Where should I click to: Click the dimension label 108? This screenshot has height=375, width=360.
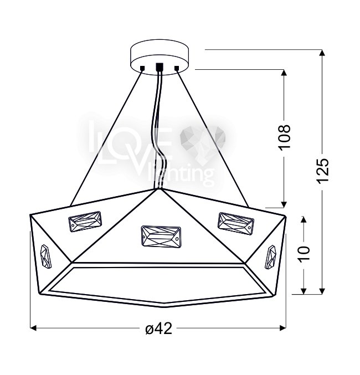(285, 137)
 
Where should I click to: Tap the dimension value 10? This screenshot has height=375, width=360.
(304, 253)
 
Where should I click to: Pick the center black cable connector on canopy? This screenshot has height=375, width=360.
(160, 66)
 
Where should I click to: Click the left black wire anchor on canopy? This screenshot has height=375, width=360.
(142, 68)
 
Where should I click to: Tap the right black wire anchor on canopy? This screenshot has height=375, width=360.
(177, 68)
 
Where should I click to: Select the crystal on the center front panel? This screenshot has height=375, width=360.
(161, 237)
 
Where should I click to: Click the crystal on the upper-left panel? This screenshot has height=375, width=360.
(85, 222)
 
